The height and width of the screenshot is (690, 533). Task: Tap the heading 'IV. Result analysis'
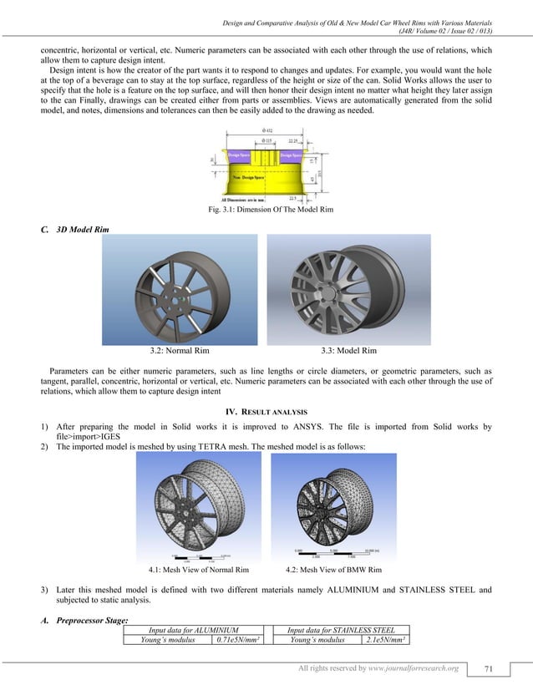266,412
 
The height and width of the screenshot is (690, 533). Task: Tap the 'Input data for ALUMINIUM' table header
194,630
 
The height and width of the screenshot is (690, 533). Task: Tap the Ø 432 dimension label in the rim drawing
267,131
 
